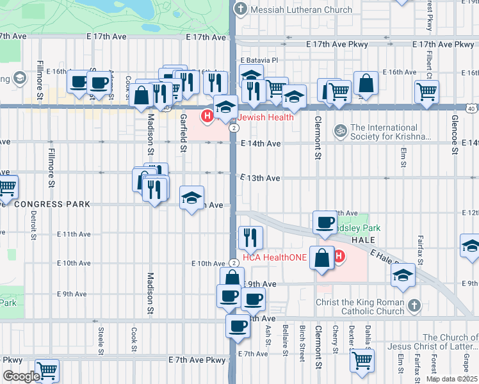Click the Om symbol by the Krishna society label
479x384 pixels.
click(x=340, y=131)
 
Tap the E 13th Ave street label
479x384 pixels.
click(x=261, y=178)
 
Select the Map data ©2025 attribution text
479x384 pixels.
click(x=451, y=379)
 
